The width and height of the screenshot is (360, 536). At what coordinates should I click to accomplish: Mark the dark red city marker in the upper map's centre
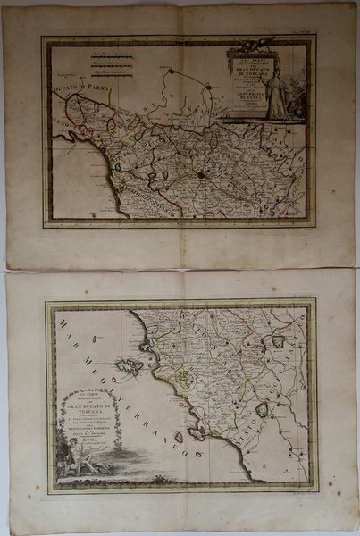pos(203,175)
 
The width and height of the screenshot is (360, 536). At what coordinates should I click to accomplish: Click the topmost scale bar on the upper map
pos(113,56)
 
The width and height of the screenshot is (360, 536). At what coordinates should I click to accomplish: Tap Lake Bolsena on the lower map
pos(262,410)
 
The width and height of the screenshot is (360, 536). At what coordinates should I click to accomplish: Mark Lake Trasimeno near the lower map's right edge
pos(279,341)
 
